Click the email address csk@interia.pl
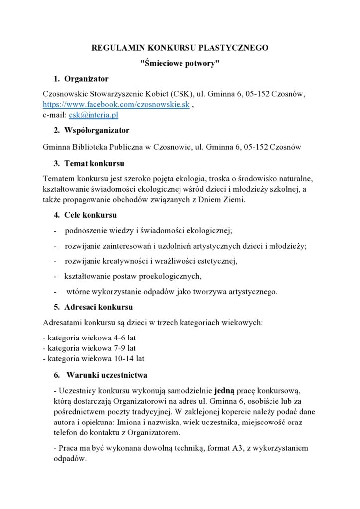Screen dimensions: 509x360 point(93,115)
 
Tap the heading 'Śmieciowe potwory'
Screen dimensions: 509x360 point(180,63)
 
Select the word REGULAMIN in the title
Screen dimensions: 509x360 point(116,48)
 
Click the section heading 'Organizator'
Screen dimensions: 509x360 point(87,79)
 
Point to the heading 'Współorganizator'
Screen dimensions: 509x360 point(96,130)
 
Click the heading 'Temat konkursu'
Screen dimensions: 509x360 point(94,163)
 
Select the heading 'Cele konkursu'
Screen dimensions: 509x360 point(90,215)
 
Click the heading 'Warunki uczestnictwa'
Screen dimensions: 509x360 point(106,375)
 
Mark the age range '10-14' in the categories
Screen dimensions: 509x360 point(125,358)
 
